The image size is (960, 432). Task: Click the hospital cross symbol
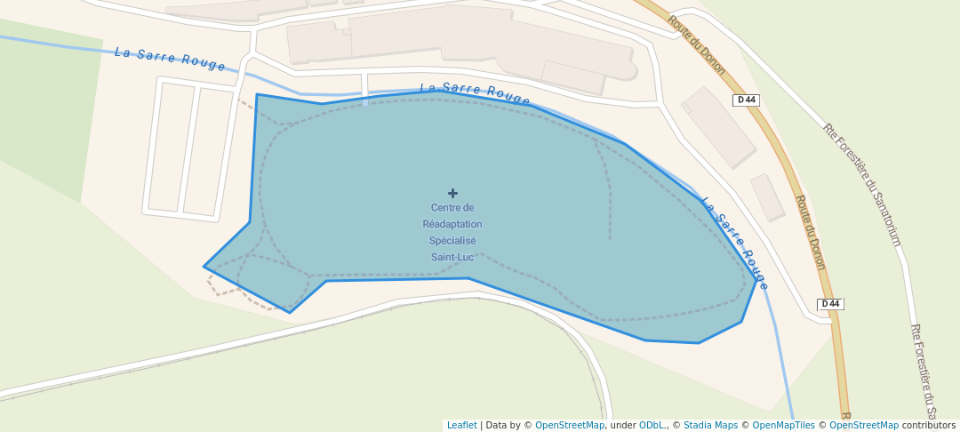(452, 193)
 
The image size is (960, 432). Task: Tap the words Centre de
(452, 208)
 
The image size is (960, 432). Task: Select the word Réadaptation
(452, 224)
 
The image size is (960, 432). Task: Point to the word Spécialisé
(452, 241)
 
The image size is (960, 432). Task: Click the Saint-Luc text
(452, 257)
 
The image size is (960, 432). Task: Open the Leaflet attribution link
(461, 425)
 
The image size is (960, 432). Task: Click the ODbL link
(652, 425)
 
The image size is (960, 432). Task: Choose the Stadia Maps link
(708, 425)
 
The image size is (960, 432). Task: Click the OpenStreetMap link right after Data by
(569, 425)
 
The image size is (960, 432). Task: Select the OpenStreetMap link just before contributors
(863, 425)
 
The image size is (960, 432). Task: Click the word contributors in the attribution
(928, 425)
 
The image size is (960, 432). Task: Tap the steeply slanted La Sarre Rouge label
(735, 243)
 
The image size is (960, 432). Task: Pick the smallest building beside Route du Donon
(767, 196)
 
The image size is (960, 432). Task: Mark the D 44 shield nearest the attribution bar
(830, 304)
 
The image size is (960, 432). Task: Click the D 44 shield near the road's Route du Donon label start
(747, 100)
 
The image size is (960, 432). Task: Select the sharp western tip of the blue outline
(205, 266)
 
